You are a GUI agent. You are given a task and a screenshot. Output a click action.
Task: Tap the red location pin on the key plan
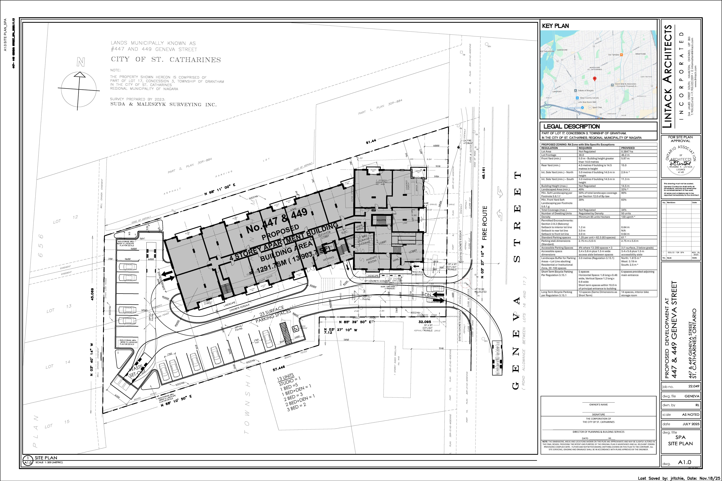[594, 79]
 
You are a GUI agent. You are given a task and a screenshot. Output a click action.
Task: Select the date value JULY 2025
[691, 424]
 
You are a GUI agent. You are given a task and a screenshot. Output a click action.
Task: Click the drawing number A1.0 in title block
[685, 462]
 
